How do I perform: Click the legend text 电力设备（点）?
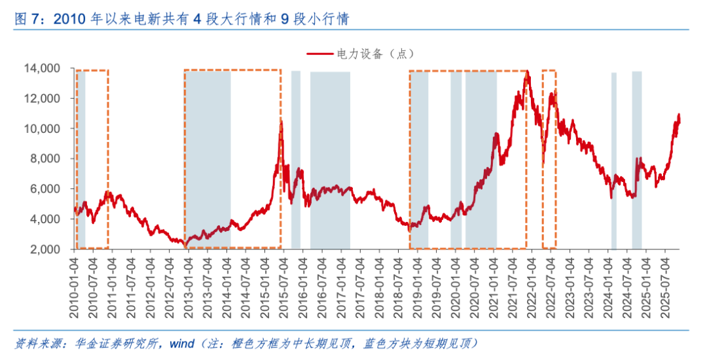(376, 54)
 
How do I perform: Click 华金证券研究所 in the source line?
(116, 343)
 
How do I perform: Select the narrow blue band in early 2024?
(614, 160)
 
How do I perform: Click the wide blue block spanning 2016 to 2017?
(330, 160)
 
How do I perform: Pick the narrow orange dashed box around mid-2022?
(549, 159)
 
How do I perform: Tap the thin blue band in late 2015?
(296, 160)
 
